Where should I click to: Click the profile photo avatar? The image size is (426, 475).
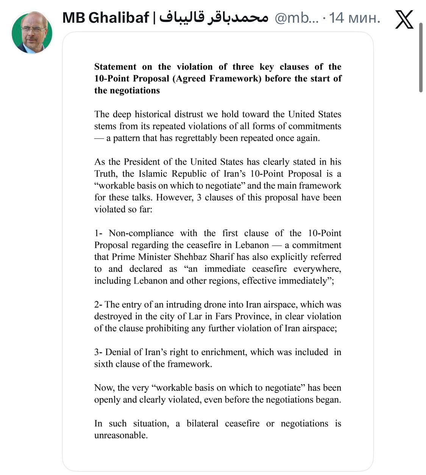[32, 33]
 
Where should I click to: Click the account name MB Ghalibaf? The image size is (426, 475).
[106, 17]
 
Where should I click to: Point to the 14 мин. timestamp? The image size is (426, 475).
[354, 18]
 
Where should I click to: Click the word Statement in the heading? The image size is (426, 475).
[115, 67]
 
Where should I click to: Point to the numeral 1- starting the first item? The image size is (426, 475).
[98, 233]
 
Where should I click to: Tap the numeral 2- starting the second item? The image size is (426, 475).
[98, 305]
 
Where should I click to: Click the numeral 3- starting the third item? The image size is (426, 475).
[98, 352]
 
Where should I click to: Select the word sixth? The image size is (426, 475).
[103, 364]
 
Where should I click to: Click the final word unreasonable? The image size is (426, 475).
[120, 435]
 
